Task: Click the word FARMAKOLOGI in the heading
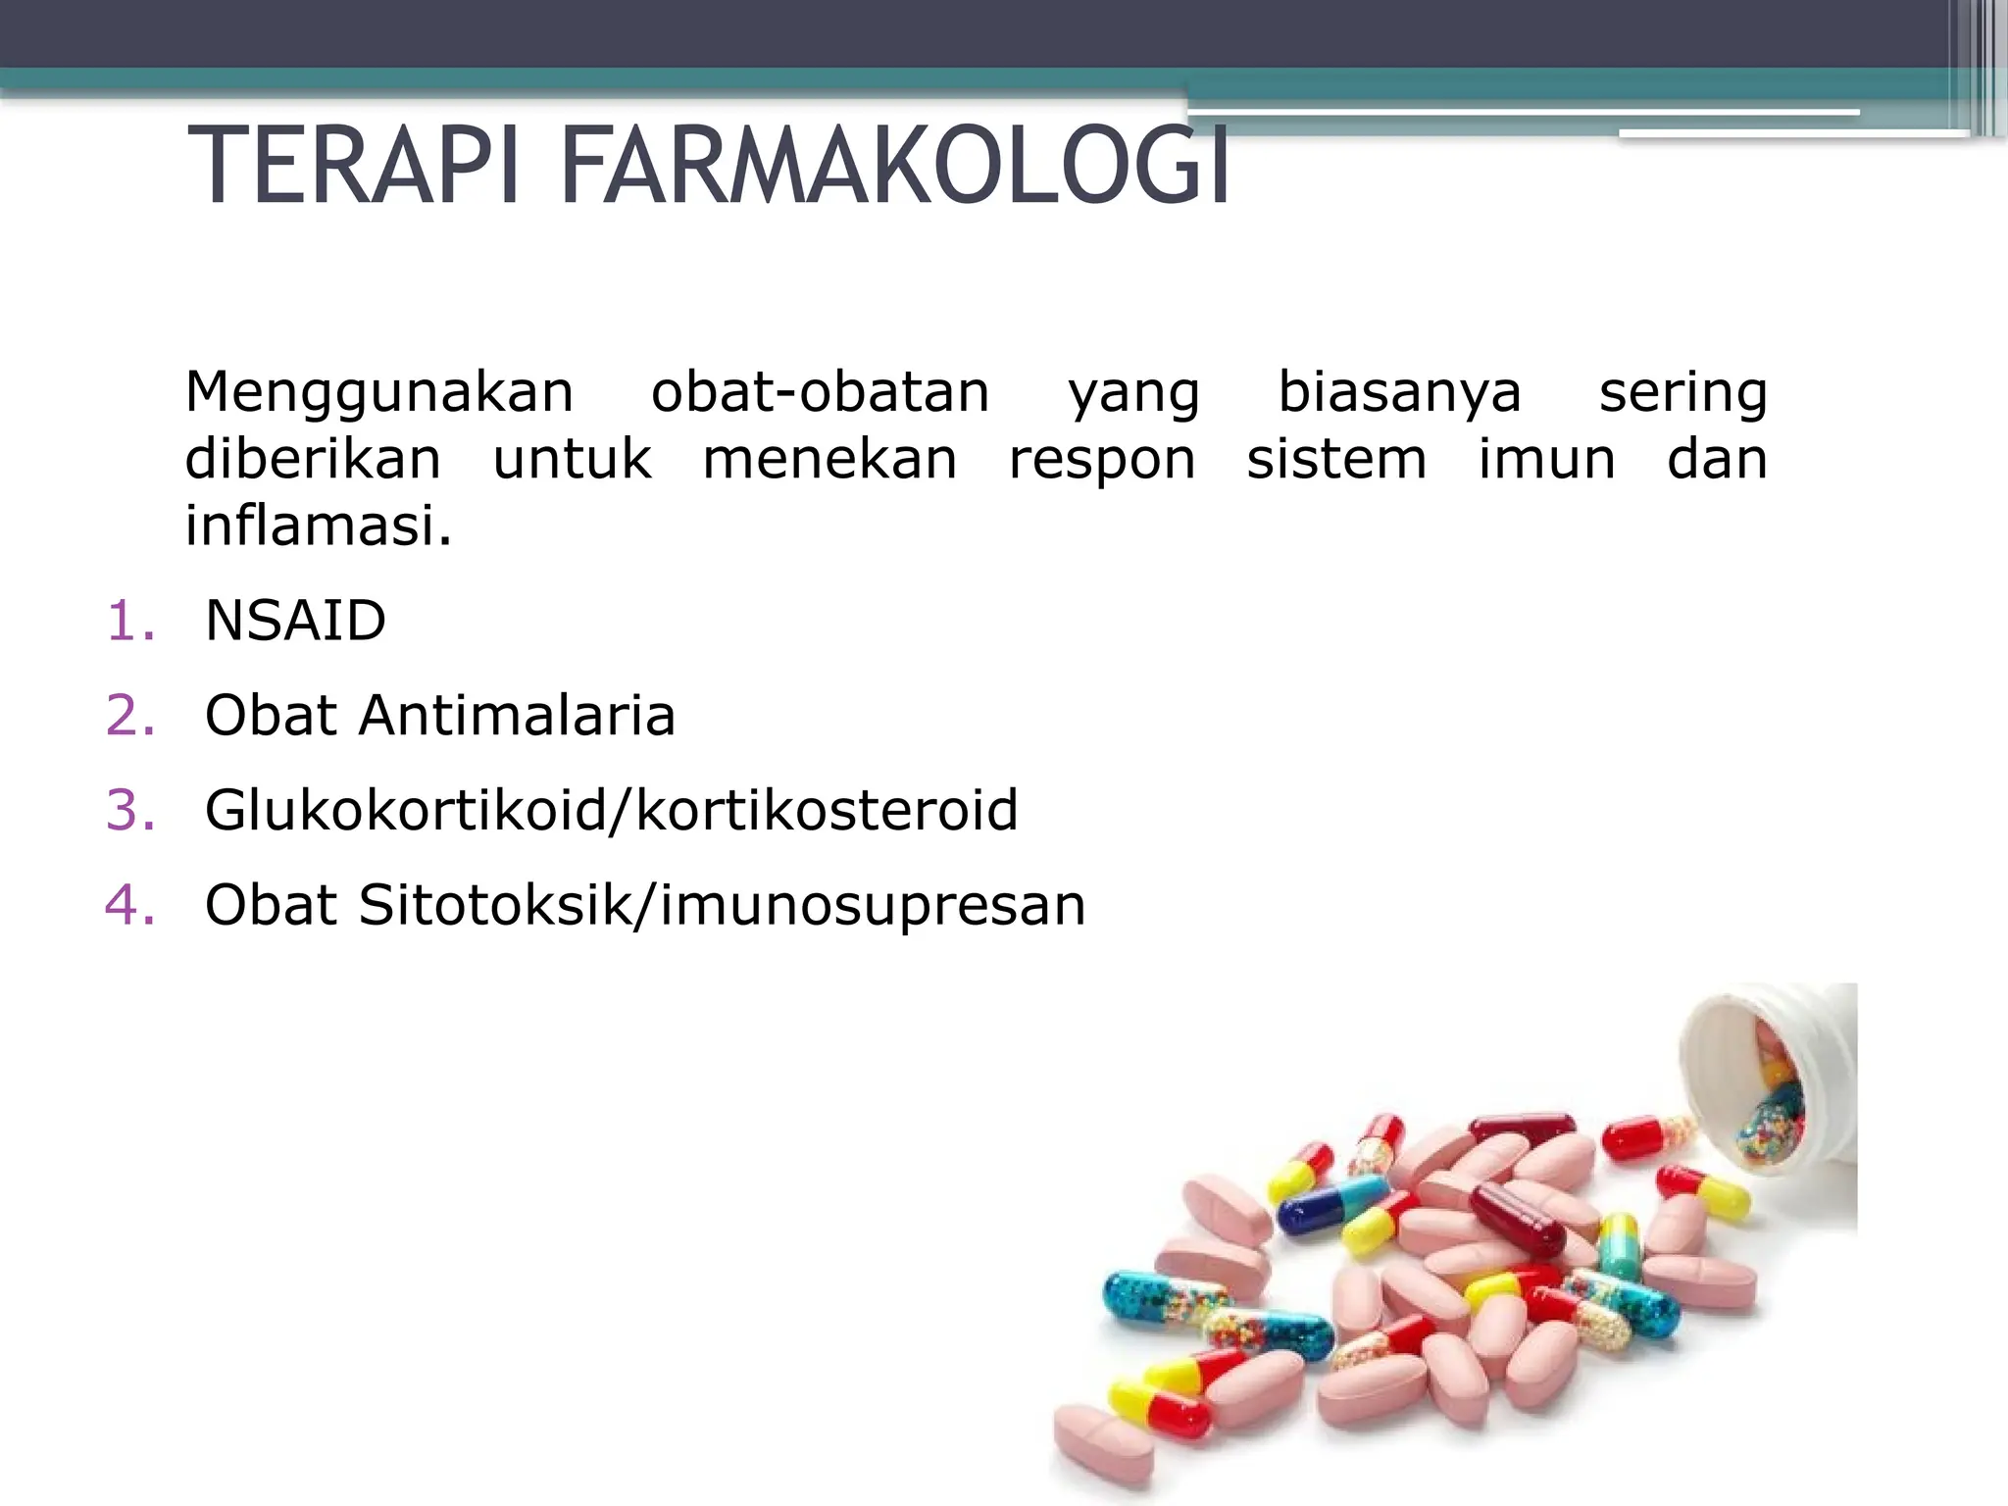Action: (894, 167)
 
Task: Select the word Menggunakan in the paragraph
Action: (378, 392)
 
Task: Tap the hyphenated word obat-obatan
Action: (820, 392)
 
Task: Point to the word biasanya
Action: (1399, 392)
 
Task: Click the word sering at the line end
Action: (1682, 392)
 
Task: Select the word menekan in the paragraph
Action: (829, 459)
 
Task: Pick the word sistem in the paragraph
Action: (1335, 459)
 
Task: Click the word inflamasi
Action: (318, 526)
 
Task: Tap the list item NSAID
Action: (295, 621)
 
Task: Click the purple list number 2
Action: (129, 715)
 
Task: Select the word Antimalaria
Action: (517, 715)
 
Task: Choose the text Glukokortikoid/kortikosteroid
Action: (611, 810)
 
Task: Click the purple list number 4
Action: (129, 904)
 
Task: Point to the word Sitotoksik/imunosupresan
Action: (722, 904)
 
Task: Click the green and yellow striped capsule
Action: (1618, 1245)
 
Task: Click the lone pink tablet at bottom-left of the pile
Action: (1103, 1443)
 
